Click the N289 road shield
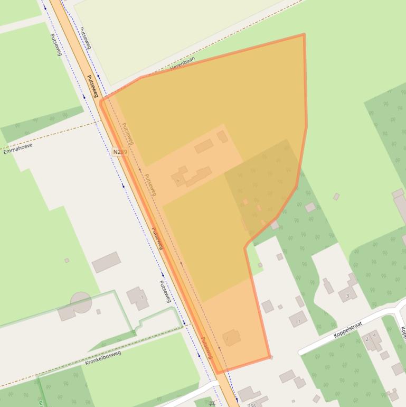tap(120, 152)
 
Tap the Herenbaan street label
tap(183, 63)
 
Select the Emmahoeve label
tap(17, 148)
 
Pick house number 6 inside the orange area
tap(178, 181)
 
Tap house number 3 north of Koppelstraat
tap(347, 296)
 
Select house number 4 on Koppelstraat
tap(374, 335)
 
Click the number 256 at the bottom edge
tap(251, 405)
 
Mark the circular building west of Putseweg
tap(81, 302)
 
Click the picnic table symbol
tap(212, 403)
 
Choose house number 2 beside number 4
tap(367, 339)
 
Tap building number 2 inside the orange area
tap(227, 337)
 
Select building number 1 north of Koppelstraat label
tap(299, 320)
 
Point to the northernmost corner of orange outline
tap(304, 35)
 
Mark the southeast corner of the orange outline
tap(270, 357)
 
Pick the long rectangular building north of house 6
tap(204, 146)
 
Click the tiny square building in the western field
tap(67, 260)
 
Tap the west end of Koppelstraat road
tap(301, 352)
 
